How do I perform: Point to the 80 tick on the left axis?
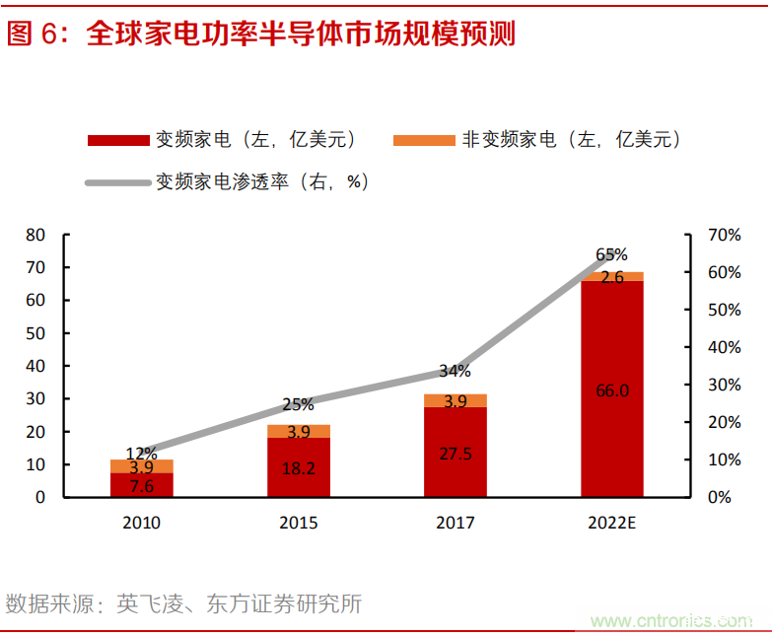[x=35, y=235]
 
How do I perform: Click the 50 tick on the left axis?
[x=35, y=333]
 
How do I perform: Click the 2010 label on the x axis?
[x=141, y=523]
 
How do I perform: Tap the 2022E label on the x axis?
[x=611, y=523]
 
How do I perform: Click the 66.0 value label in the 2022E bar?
[x=611, y=390]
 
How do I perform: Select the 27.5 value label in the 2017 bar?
[x=455, y=453]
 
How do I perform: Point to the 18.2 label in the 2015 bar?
[x=298, y=468]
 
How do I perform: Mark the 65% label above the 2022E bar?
[x=611, y=255]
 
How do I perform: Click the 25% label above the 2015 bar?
[x=298, y=404]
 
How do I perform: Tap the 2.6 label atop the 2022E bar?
[x=611, y=277]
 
